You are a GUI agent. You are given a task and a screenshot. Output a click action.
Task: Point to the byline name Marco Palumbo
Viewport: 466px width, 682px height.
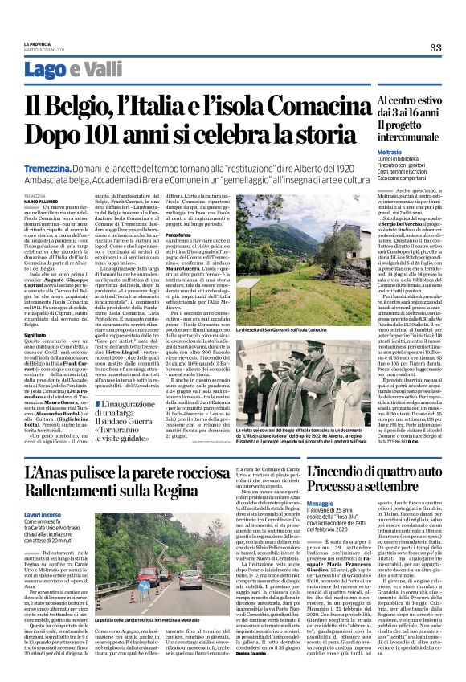37,201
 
